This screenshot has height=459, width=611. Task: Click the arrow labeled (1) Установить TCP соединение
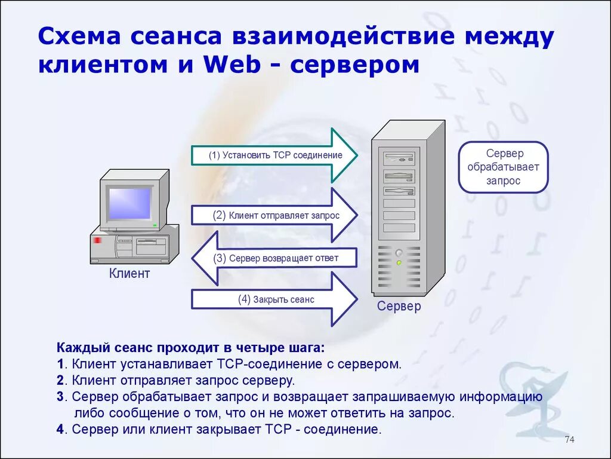(x=274, y=155)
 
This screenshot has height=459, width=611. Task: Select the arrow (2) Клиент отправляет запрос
(x=274, y=215)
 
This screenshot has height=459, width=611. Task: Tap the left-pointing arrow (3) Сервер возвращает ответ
(x=274, y=258)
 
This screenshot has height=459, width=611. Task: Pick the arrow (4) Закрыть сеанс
(x=274, y=299)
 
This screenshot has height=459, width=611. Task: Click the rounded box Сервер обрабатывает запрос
(x=502, y=167)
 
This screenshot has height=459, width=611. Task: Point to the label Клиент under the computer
(x=129, y=274)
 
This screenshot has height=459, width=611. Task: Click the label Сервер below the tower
(x=399, y=306)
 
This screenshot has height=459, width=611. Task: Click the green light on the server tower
(x=399, y=262)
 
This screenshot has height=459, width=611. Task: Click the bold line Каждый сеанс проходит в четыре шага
(x=192, y=348)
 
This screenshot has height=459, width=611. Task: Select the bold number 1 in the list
(x=60, y=364)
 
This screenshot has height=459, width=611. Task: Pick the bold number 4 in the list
(x=60, y=429)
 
